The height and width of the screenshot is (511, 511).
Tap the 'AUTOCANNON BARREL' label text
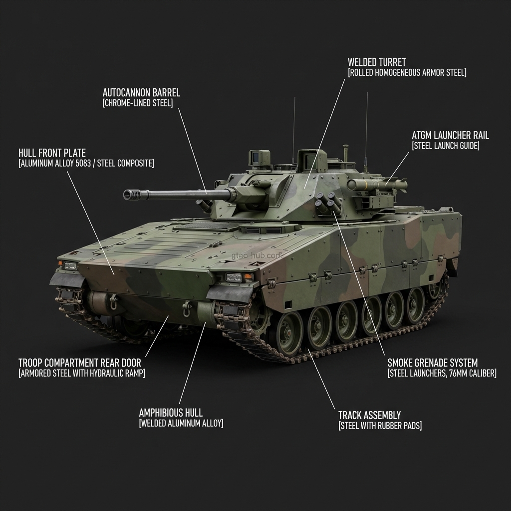pyautogui.click(x=141, y=93)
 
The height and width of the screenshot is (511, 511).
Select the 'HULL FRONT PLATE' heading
pyautogui.click(x=52, y=153)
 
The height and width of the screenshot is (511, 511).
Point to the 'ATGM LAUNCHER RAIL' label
pyautogui.click(x=450, y=135)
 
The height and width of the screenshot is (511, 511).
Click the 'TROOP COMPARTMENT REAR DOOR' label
pyautogui.click(x=79, y=363)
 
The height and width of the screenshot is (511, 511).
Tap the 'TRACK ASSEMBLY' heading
pyautogui.click(x=369, y=415)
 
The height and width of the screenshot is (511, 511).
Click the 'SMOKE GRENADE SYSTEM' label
pyautogui.click(x=432, y=363)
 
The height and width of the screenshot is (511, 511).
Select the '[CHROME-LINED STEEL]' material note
pyautogui.click(x=138, y=103)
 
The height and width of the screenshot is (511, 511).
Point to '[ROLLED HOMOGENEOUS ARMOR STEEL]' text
pyautogui.click(x=407, y=73)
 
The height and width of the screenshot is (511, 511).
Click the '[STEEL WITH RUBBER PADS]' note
pyautogui.click(x=380, y=426)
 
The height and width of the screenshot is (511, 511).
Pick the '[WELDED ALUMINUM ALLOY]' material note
pyautogui.click(x=181, y=423)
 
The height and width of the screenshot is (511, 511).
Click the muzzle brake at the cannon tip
pyautogui.click(x=131, y=195)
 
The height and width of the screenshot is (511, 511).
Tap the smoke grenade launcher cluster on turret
pyautogui.click(x=327, y=204)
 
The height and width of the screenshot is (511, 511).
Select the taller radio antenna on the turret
pyautogui.click(x=367, y=130)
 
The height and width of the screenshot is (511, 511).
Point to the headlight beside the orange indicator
pyautogui.click(x=233, y=277)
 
